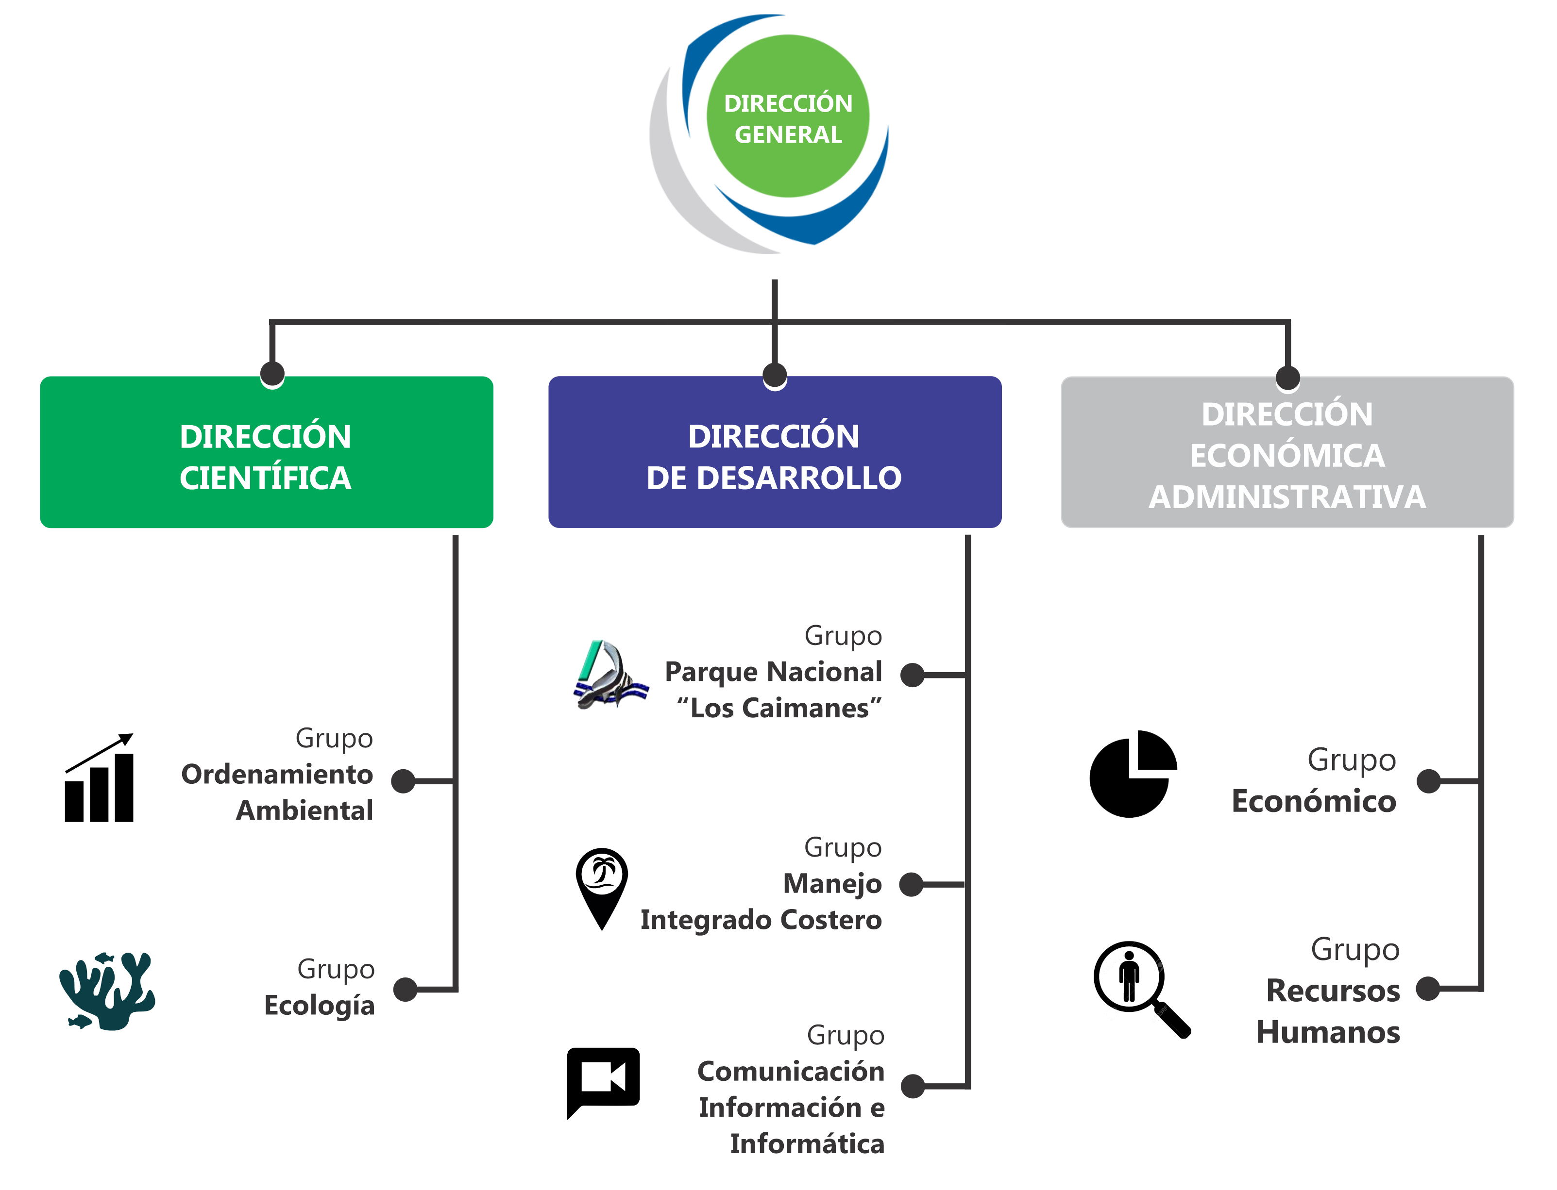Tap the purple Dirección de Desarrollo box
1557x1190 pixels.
click(774, 453)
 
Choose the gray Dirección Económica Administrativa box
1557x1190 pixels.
click(1286, 453)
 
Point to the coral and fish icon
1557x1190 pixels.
click(106, 990)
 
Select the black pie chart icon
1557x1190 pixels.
click(1133, 774)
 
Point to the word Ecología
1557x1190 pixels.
click(319, 1005)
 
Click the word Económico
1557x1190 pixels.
click(1313, 801)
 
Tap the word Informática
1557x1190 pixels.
click(807, 1143)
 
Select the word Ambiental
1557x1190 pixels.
click(304, 810)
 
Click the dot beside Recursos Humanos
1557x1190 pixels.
click(1428, 988)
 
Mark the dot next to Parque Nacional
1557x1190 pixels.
click(912, 675)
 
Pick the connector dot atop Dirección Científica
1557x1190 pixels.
click(272, 373)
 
